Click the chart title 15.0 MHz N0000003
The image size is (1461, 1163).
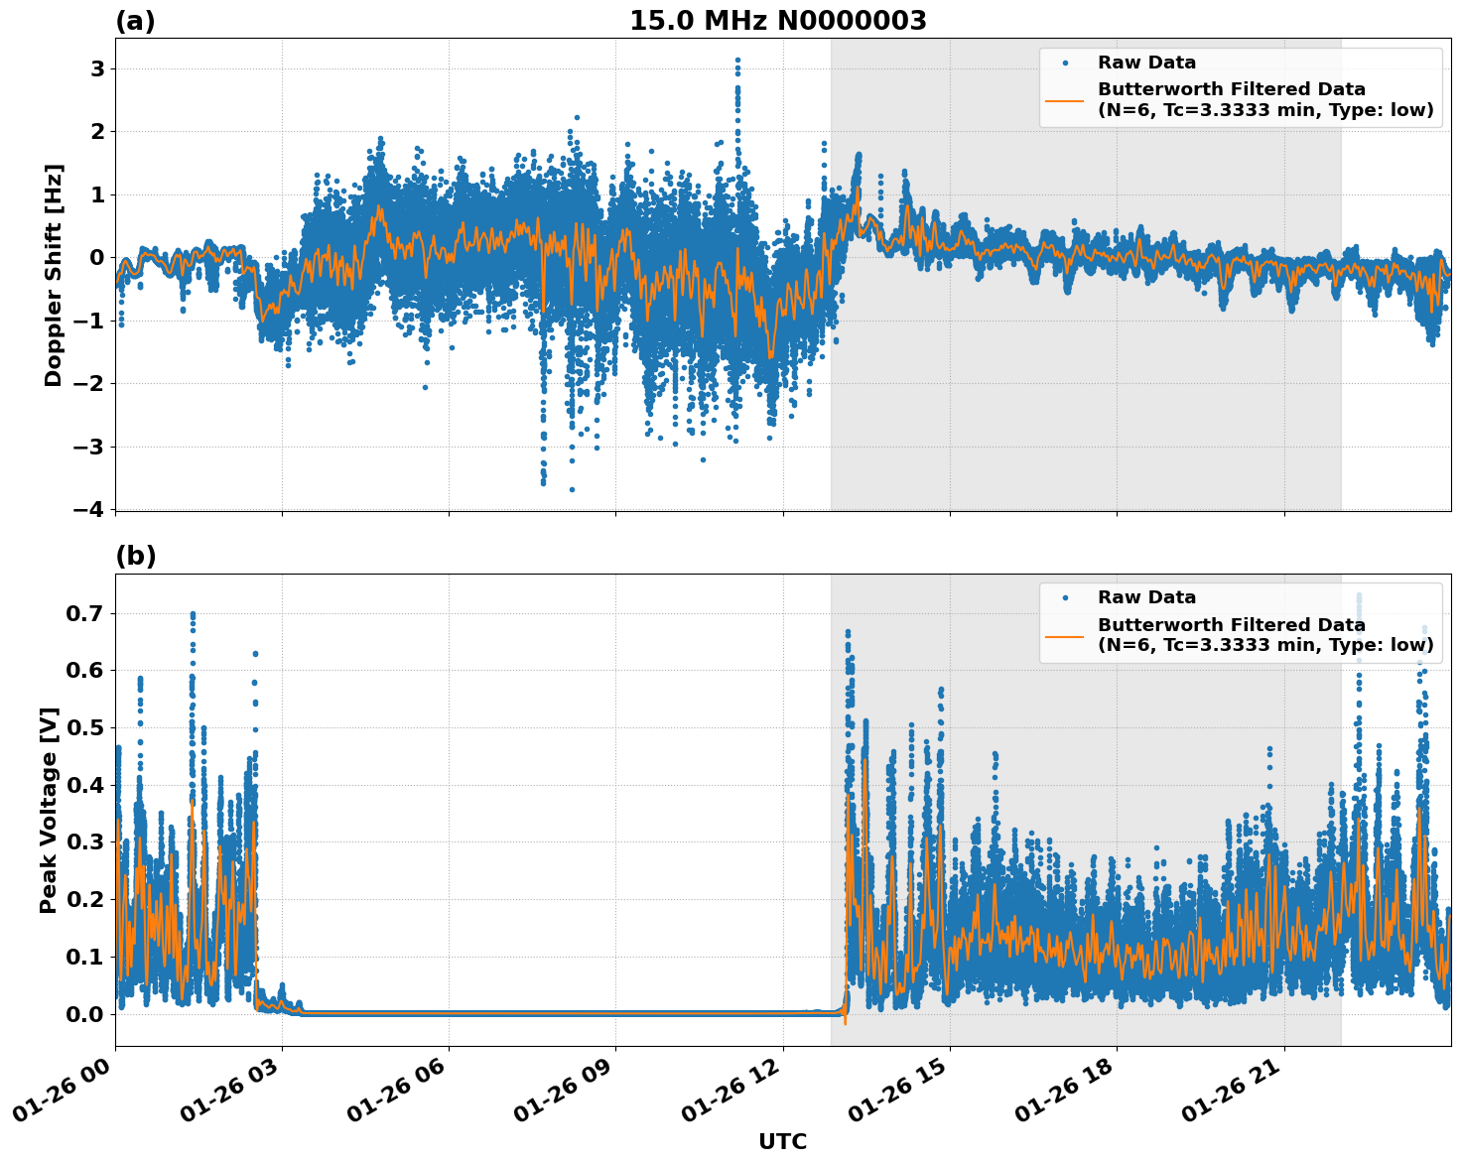click(777, 21)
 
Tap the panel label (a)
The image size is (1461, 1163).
click(135, 21)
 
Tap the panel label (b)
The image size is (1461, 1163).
click(135, 556)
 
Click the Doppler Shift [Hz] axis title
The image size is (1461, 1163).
click(54, 275)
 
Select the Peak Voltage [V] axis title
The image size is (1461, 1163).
click(49, 810)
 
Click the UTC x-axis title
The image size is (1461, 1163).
click(782, 1141)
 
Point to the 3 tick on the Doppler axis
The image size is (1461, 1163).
click(97, 68)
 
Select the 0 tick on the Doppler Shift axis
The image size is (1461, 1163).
click(97, 257)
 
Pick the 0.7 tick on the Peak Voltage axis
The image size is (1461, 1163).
click(85, 613)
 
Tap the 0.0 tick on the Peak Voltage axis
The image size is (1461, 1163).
click(85, 1014)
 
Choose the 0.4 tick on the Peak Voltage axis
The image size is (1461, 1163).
click(85, 785)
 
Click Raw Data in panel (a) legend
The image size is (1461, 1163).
click(1146, 63)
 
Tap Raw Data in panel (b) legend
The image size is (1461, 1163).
click(1146, 597)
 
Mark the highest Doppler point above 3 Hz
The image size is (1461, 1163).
click(737, 61)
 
